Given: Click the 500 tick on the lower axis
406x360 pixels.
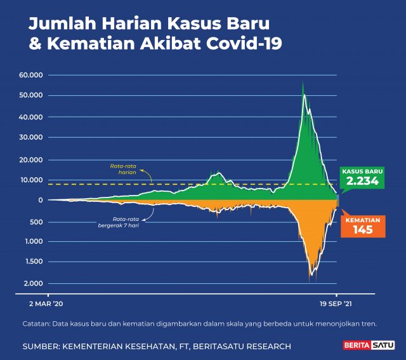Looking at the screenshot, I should tap(36, 222).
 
